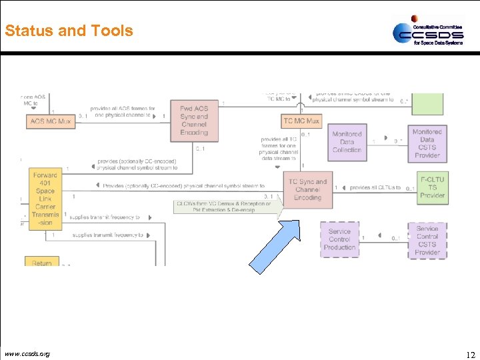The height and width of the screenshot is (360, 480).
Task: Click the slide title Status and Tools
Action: click(69, 31)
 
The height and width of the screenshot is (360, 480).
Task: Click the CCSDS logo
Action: click(427, 31)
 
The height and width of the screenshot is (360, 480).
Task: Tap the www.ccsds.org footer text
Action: click(27, 353)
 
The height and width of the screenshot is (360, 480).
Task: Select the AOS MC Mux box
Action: click(51, 121)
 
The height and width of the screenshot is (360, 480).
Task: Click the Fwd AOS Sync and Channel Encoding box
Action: click(194, 121)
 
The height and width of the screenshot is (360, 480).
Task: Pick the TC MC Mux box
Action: click(301, 121)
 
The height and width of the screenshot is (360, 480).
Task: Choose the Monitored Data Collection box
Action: click(347, 142)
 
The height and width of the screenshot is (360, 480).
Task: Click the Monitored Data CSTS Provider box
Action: click(427, 143)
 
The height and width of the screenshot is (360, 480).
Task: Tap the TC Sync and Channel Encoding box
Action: click(307, 189)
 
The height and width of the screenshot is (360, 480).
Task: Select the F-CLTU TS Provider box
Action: click(432, 187)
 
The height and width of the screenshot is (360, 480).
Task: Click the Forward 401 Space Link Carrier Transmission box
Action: click(45, 199)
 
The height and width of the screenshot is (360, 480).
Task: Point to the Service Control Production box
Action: click(340, 239)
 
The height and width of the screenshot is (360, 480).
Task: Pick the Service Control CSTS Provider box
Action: click(427, 240)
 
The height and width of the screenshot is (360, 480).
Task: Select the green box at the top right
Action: click(427, 104)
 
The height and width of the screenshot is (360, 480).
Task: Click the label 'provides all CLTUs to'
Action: click(375, 188)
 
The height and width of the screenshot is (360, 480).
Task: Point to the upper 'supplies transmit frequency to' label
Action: click(106, 217)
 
